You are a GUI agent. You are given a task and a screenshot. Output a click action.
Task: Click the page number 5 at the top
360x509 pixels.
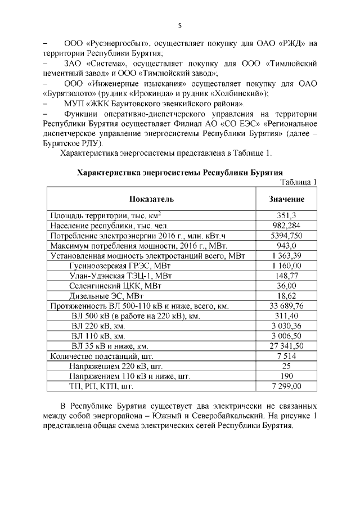click(180, 25)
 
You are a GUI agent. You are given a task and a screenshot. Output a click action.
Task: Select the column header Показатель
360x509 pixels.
click(151, 199)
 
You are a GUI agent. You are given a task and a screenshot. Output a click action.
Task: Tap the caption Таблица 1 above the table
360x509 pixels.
click(298, 181)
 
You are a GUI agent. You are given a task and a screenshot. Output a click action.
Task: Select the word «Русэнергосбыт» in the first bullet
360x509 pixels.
click(116, 43)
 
